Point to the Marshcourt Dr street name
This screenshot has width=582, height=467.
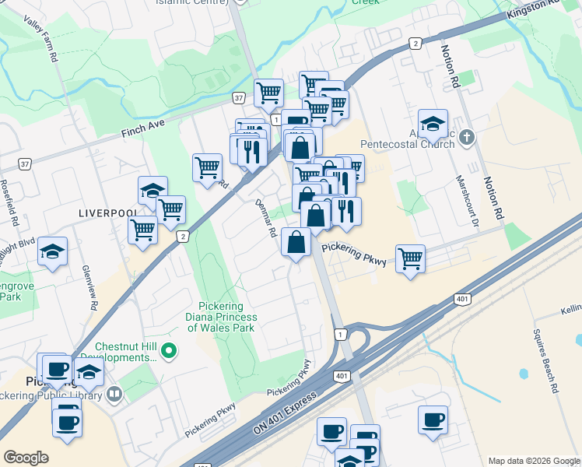[472, 199]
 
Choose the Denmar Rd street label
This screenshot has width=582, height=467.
[267, 218]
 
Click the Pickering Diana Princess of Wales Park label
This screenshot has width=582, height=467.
[222, 317]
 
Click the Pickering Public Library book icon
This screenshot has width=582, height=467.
[114, 395]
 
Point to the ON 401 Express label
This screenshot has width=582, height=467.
[285, 414]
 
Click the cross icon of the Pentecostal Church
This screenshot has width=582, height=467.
[466, 138]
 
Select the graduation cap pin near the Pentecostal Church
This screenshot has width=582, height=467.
[433, 123]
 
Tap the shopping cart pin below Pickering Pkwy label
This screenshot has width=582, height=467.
[410, 258]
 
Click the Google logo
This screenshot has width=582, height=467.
[26, 458]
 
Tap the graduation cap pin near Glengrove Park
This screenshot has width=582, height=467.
[52, 251]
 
